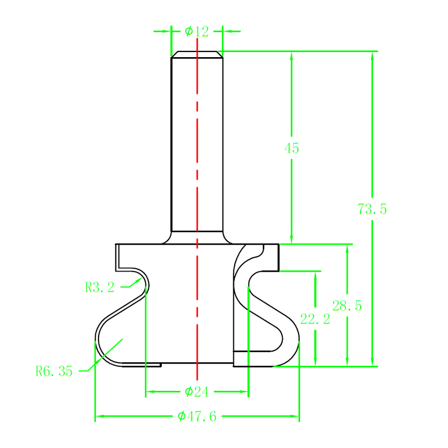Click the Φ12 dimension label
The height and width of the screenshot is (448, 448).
[197, 31]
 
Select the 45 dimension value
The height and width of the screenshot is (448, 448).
[292, 148]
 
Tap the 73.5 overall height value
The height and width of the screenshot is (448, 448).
[372, 209]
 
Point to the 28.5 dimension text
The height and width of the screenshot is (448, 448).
[347, 306]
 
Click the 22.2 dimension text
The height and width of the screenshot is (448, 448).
[315, 319]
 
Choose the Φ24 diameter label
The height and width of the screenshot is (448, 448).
[197, 391]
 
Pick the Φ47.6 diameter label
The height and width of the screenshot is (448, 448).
[197, 416]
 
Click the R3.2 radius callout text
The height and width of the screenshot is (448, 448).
[100, 288]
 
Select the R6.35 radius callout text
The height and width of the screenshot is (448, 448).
[54, 371]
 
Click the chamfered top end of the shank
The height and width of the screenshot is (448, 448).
[197, 54]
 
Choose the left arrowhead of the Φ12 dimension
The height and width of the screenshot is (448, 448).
[167, 31]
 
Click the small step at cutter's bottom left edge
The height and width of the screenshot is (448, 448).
[161, 365]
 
